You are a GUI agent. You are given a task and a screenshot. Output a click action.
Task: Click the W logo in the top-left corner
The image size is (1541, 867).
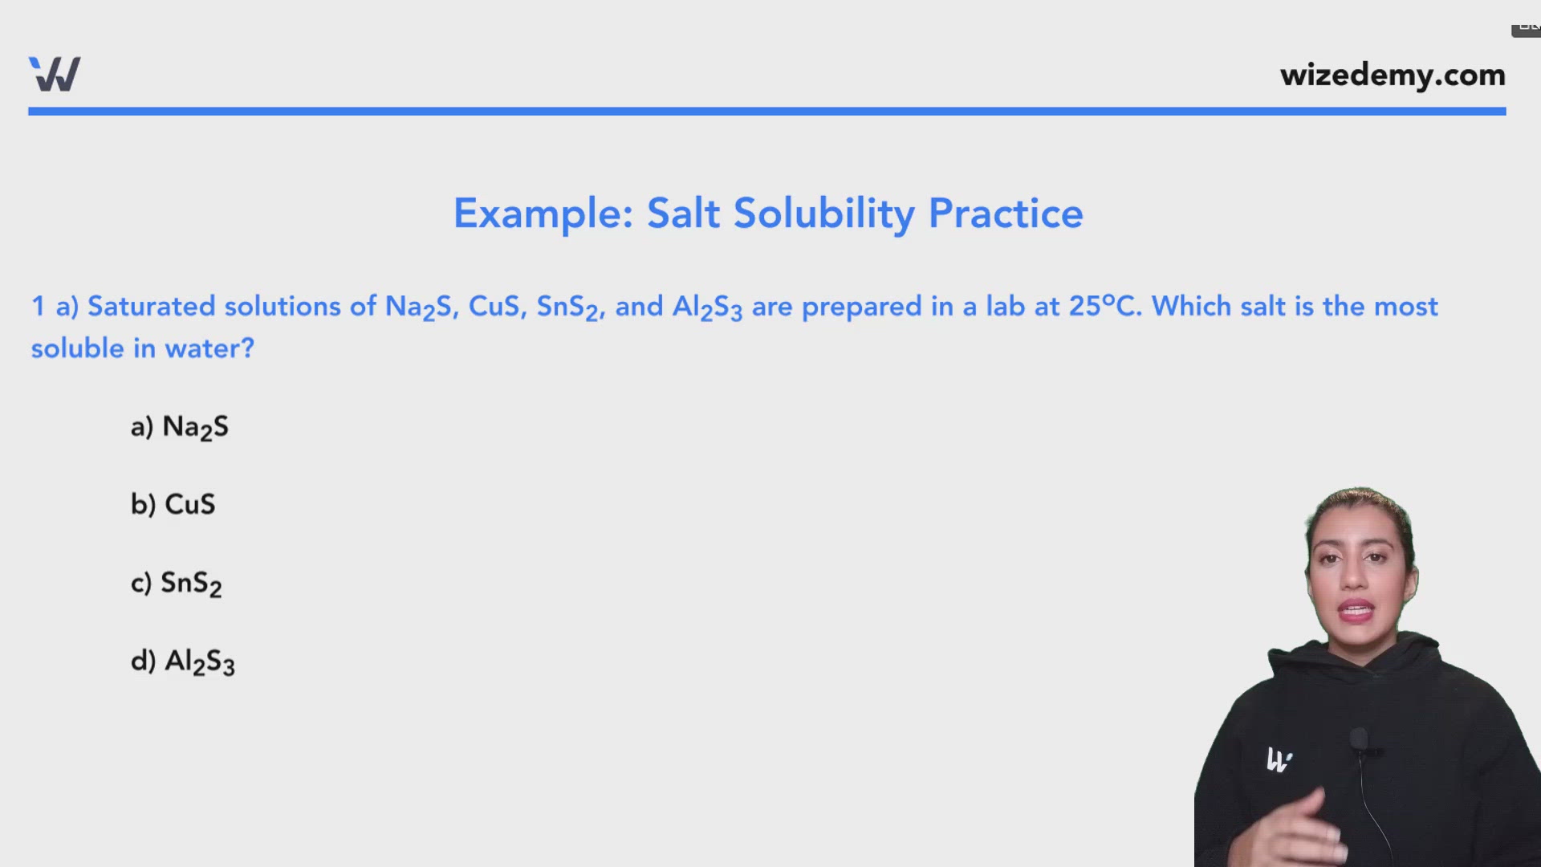(55, 74)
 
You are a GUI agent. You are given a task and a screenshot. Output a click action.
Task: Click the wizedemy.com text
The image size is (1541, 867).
(1393, 75)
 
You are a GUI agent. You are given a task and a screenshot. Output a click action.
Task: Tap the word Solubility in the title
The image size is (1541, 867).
(823, 214)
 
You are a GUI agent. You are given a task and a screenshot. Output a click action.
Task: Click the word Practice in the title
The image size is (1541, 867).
(1006, 214)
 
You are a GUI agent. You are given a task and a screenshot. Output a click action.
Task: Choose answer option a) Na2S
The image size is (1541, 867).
(180, 426)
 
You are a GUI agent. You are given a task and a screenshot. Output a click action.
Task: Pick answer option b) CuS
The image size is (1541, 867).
(173, 504)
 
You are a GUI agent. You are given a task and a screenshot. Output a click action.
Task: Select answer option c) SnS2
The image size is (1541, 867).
(177, 583)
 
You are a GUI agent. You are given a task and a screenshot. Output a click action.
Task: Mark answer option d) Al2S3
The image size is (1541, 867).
(183, 661)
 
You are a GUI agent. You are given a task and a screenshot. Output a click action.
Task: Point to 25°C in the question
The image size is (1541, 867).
(1104, 307)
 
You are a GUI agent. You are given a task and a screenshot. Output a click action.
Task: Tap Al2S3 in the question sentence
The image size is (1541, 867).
(707, 307)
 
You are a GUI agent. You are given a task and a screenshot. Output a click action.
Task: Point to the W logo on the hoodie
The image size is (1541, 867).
(1279, 759)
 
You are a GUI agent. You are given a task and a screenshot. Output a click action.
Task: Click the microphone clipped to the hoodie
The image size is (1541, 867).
(1358, 739)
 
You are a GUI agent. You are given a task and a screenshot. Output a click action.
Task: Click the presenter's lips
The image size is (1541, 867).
(1356, 612)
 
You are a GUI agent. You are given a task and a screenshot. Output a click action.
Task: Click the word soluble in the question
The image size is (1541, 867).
(77, 348)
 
